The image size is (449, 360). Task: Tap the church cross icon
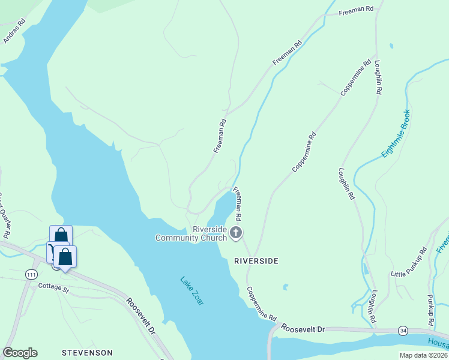point(236,232)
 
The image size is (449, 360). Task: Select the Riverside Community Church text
point(192,234)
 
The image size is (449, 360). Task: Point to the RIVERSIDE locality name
point(256,261)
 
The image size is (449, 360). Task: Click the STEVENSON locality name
point(87,352)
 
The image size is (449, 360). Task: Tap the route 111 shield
point(32,274)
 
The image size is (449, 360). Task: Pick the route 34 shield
point(403,331)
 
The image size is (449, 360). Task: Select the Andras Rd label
point(14,31)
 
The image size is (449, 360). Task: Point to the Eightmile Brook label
point(396,134)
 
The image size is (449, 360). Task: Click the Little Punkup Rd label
point(408,265)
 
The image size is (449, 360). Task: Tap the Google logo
point(20,353)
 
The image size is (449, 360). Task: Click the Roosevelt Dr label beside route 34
point(303,329)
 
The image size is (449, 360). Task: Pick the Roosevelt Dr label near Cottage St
point(141,314)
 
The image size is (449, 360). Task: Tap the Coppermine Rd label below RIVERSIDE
point(261,303)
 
